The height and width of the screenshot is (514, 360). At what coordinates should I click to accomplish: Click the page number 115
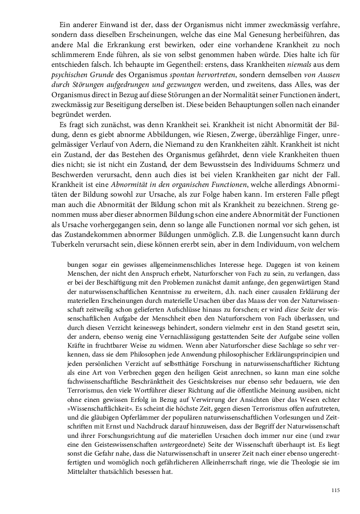click(334, 490)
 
